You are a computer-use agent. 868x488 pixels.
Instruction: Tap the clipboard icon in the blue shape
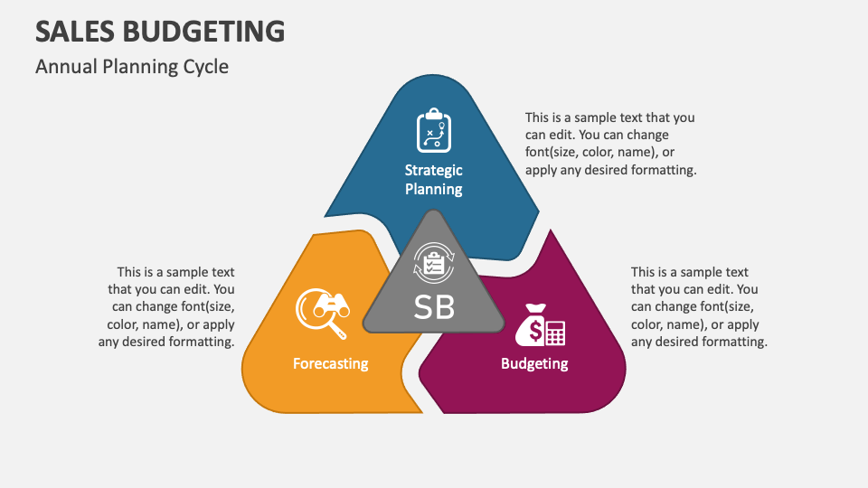(434, 130)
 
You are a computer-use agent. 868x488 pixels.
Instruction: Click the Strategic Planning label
(434, 179)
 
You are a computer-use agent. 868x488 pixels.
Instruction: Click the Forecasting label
(331, 363)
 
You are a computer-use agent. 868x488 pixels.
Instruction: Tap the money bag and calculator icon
(541, 324)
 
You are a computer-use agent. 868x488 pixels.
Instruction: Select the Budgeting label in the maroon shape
(534, 363)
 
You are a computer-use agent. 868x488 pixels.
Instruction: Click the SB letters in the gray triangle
(434, 307)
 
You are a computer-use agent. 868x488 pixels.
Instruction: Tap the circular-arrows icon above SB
(434, 266)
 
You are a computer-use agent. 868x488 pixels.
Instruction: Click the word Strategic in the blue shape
(434, 170)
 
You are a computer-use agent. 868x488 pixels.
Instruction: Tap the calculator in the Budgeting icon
(555, 333)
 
